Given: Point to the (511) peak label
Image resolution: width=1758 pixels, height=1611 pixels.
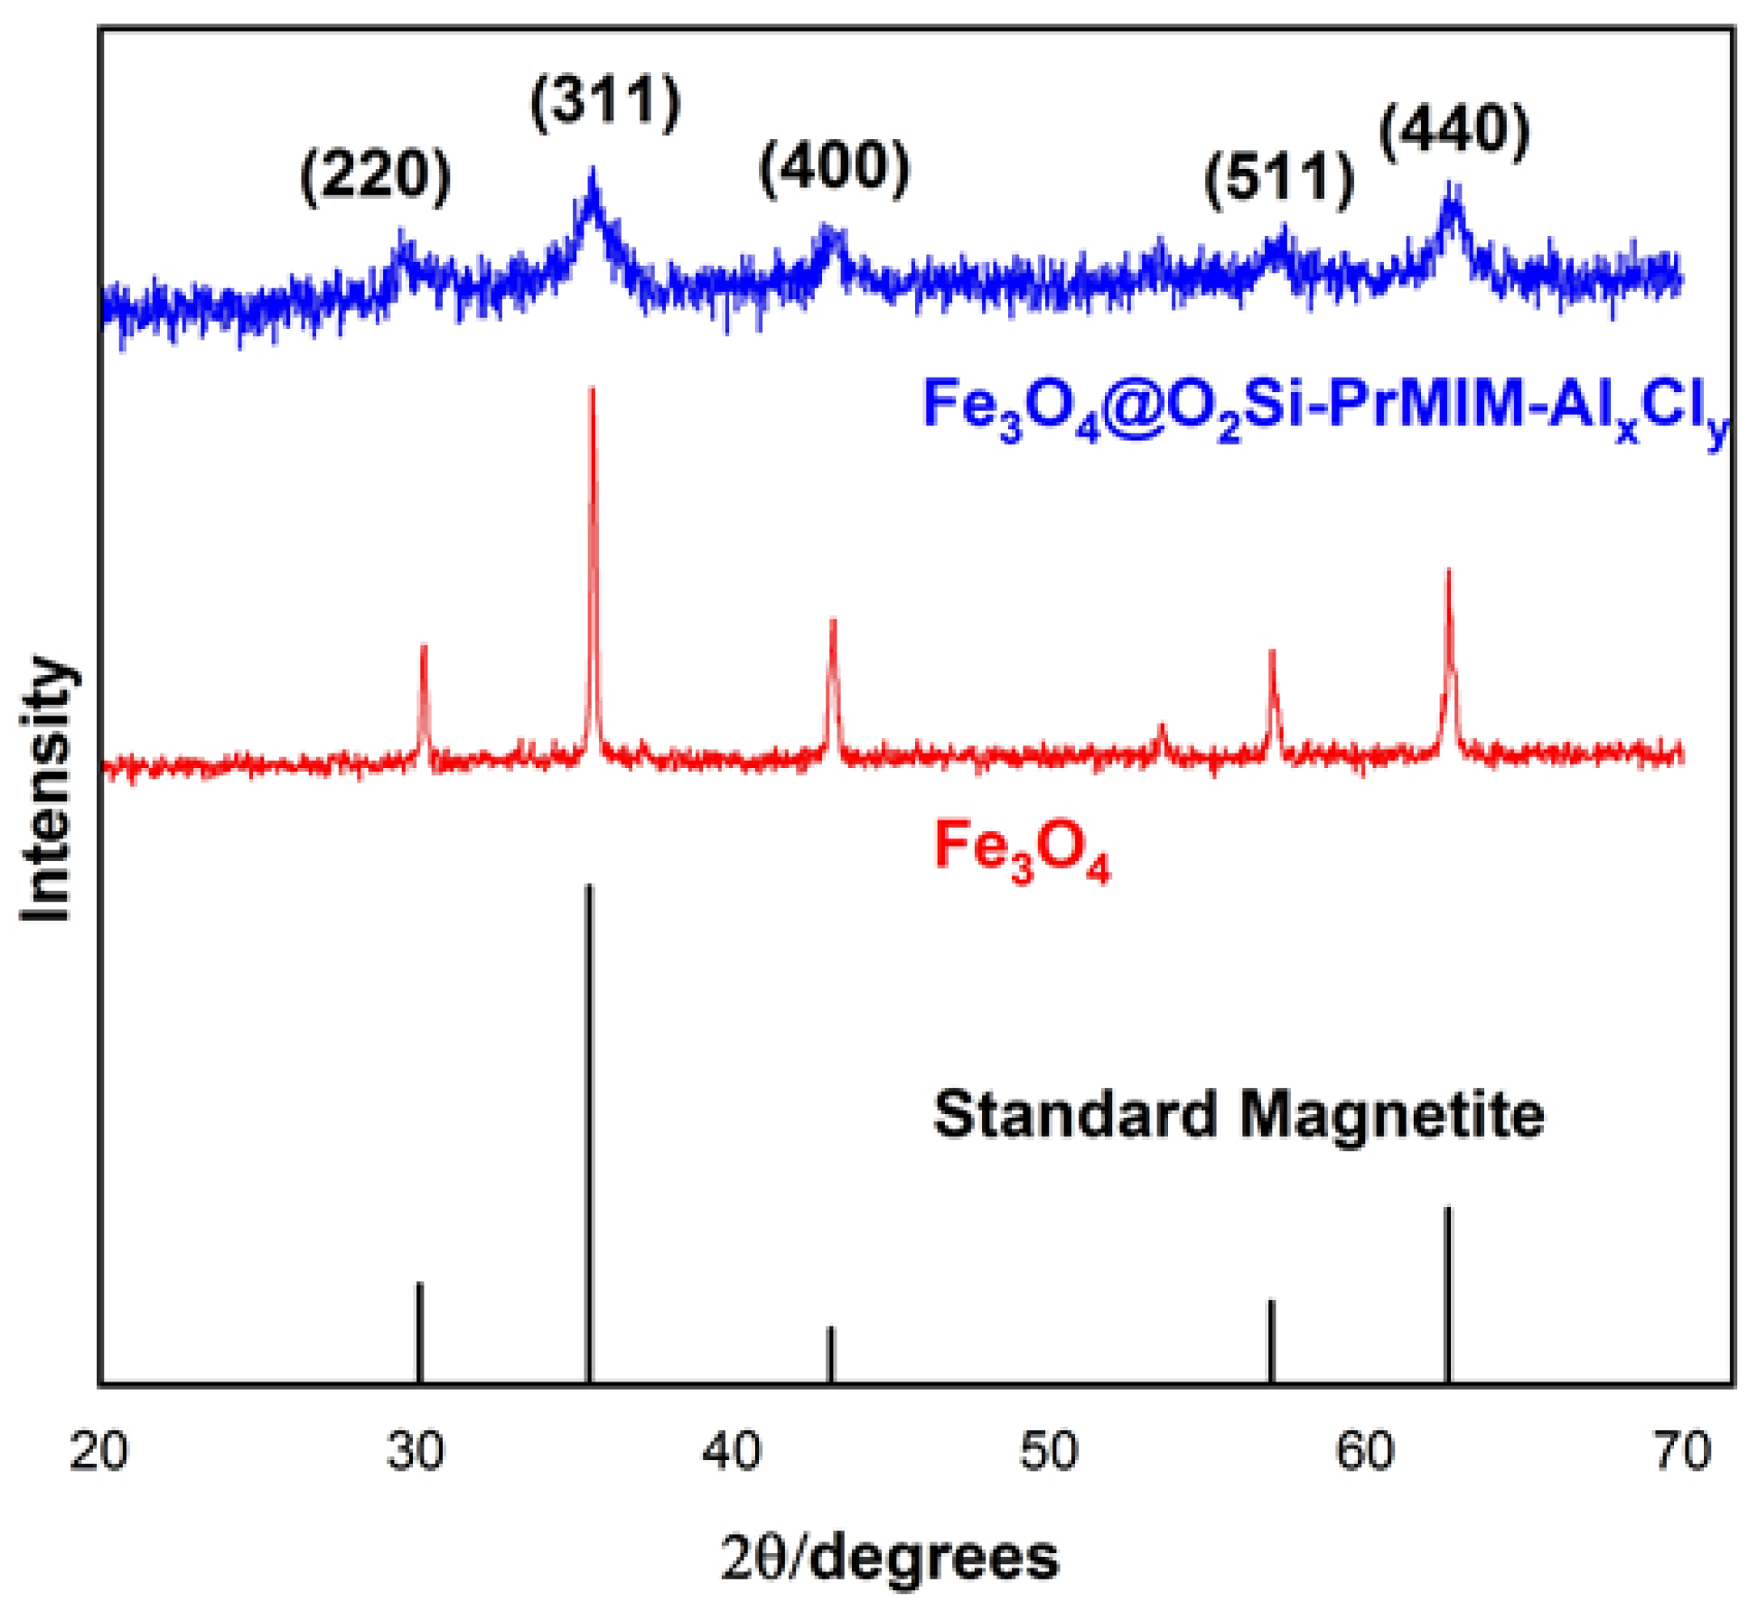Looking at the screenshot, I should click(x=1279, y=178).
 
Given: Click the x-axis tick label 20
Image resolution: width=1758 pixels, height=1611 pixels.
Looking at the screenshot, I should click(x=98, y=1452).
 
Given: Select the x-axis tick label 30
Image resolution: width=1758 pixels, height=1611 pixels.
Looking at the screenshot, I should click(x=416, y=1452).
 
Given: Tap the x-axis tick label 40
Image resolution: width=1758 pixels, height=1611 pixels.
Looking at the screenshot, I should click(x=733, y=1452).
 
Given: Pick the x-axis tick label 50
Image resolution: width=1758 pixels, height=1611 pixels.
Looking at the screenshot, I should click(x=1049, y=1452).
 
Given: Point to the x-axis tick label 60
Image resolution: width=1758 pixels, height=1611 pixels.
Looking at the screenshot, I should click(x=1365, y=1452).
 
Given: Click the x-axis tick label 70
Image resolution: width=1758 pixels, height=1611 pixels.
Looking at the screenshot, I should click(x=1682, y=1452).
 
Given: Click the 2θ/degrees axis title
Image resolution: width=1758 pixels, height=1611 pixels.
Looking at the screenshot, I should click(x=889, y=1558).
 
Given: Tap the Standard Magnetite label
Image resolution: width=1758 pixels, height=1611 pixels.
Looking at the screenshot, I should click(x=1239, y=1113).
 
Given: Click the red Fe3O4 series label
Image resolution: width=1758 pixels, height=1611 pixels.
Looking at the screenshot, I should click(x=1021, y=849).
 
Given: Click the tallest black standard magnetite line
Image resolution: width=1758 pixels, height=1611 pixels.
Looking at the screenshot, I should click(x=589, y=1129).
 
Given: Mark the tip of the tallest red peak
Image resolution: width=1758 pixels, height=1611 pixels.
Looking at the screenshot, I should click(x=593, y=390).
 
